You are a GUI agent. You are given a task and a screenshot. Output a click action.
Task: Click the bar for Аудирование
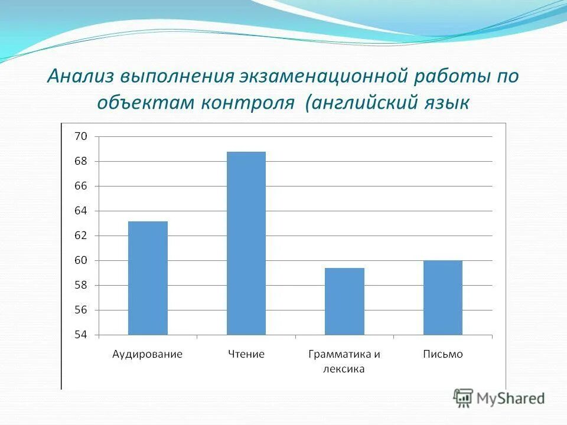click(148, 278)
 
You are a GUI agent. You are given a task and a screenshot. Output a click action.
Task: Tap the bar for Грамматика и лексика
click(344, 301)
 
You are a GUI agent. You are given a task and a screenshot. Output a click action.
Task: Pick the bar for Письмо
click(442, 297)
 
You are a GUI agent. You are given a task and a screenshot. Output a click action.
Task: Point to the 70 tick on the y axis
click(80, 136)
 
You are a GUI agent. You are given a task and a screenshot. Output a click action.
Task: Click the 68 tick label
click(80, 161)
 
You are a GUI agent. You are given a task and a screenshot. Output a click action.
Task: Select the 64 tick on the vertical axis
click(80, 211)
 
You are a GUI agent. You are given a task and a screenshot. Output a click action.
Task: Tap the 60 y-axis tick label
click(80, 260)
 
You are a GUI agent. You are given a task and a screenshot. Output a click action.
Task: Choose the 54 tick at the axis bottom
click(80, 335)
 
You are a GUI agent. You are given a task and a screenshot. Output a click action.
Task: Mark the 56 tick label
click(80, 310)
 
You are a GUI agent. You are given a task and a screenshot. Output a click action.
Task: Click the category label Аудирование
click(148, 354)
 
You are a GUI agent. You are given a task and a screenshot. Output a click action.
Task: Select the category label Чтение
click(246, 354)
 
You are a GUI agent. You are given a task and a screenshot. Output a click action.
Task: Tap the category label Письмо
click(443, 354)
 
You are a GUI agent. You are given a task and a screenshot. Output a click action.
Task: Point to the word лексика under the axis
click(344, 370)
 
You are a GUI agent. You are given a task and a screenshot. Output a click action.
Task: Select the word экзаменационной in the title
click(324, 76)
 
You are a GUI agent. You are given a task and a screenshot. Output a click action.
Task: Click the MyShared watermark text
click(510, 398)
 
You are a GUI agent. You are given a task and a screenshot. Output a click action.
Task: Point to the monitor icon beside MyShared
click(463, 398)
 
